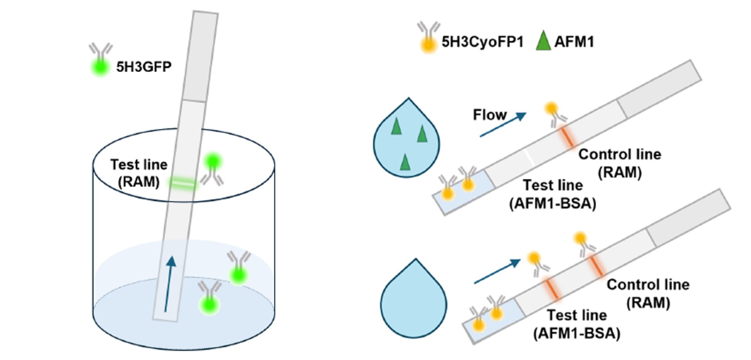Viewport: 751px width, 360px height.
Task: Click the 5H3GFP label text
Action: tap(144, 67)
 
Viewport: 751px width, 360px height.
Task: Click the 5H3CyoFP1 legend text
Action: tap(482, 41)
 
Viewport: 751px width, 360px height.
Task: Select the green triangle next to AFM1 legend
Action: tap(543, 41)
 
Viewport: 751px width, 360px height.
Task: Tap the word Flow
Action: tap(490, 115)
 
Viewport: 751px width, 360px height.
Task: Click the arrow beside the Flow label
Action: tap(503, 125)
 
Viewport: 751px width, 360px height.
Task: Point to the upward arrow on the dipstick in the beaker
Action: tap(169, 284)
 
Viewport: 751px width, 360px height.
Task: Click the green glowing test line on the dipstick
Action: tap(183, 183)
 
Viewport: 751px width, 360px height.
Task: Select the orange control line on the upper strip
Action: tap(567, 137)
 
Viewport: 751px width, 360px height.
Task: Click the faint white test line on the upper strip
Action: tap(528, 157)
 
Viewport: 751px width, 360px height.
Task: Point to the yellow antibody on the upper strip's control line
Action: tap(555, 114)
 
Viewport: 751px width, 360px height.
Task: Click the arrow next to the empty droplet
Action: tap(497, 272)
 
